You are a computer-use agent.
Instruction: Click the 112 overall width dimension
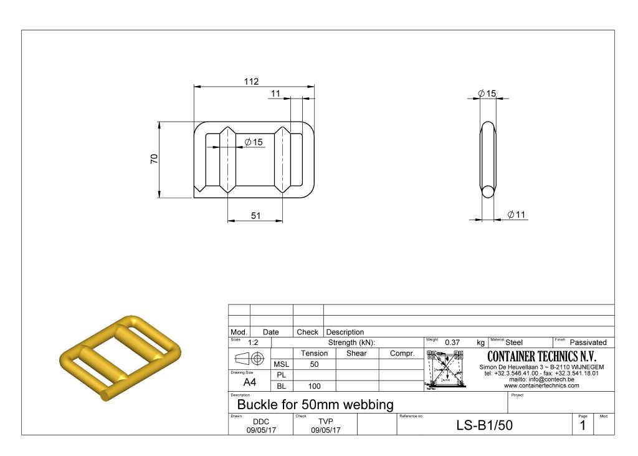(251, 82)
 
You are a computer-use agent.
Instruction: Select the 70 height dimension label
(154, 159)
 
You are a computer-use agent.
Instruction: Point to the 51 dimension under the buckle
(255, 216)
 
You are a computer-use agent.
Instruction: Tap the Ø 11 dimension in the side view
(517, 215)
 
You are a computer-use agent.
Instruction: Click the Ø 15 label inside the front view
(254, 142)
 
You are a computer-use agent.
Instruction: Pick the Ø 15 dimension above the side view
(487, 94)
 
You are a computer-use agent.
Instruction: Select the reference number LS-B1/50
(485, 425)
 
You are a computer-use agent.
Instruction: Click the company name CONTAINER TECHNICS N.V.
(541, 357)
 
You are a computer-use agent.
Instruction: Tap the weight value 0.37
(452, 342)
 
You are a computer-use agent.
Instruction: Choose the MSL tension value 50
(314, 364)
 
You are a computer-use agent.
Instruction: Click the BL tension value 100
(314, 386)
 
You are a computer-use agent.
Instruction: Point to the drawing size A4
(249, 382)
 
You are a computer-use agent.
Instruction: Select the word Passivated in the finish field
(588, 342)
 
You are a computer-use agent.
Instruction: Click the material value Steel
(514, 342)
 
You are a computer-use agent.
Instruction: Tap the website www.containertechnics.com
(541, 386)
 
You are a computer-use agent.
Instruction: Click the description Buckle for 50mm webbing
(315, 404)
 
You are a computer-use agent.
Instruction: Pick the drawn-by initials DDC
(261, 422)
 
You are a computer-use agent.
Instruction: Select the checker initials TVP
(325, 422)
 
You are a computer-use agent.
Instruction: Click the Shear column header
(356, 353)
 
